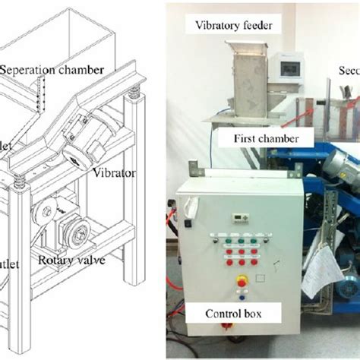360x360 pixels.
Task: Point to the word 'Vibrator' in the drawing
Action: click(x=114, y=172)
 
